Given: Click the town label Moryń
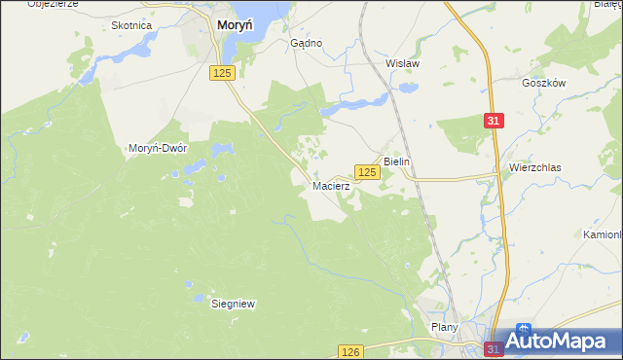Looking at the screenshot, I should click(x=237, y=27).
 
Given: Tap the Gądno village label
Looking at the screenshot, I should click(x=307, y=44).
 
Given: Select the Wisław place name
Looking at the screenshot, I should click(x=402, y=63).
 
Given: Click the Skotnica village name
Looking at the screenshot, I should click(x=131, y=26).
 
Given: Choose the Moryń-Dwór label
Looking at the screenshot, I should click(x=158, y=148).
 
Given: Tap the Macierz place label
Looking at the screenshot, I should click(x=330, y=185).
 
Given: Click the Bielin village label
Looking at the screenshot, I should click(x=399, y=161).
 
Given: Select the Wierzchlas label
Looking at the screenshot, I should click(x=534, y=167).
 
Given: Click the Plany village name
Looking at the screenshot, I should click(x=444, y=328).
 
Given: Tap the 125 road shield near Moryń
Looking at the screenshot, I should click(x=222, y=73).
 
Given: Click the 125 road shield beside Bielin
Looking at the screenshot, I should click(x=366, y=171).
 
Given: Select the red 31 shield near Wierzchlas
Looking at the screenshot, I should click(x=495, y=120).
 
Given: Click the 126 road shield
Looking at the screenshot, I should click(x=351, y=351).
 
